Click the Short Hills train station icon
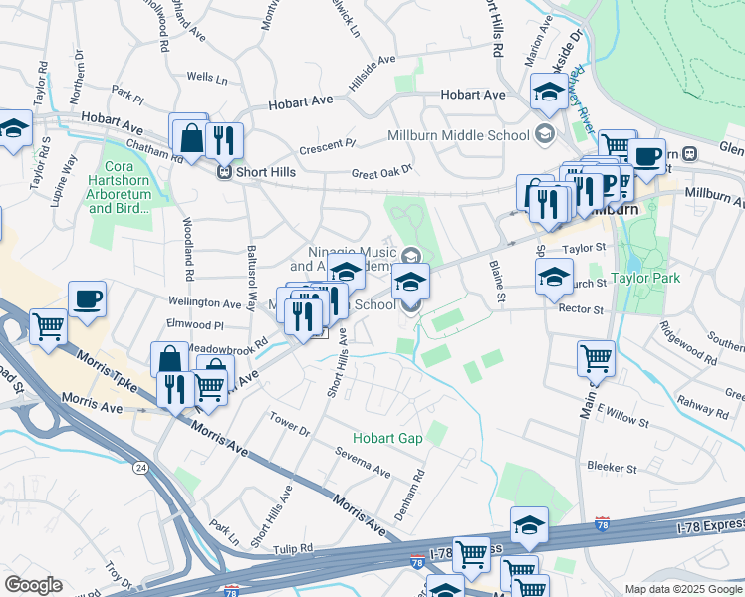[226, 170]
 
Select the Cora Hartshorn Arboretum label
[125, 188]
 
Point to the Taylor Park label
[645, 278]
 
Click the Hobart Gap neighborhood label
[386, 438]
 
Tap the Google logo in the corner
[33, 585]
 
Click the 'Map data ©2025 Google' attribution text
[683, 589]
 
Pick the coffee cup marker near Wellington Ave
[87, 299]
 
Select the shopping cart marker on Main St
[596, 358]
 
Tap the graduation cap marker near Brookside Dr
[548, 93]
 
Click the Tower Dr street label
[291, 423]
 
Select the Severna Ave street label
[363, 465]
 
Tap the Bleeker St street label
[612, 467]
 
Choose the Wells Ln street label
[207, 77]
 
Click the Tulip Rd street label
[294, 547]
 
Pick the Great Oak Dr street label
[381, 173]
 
